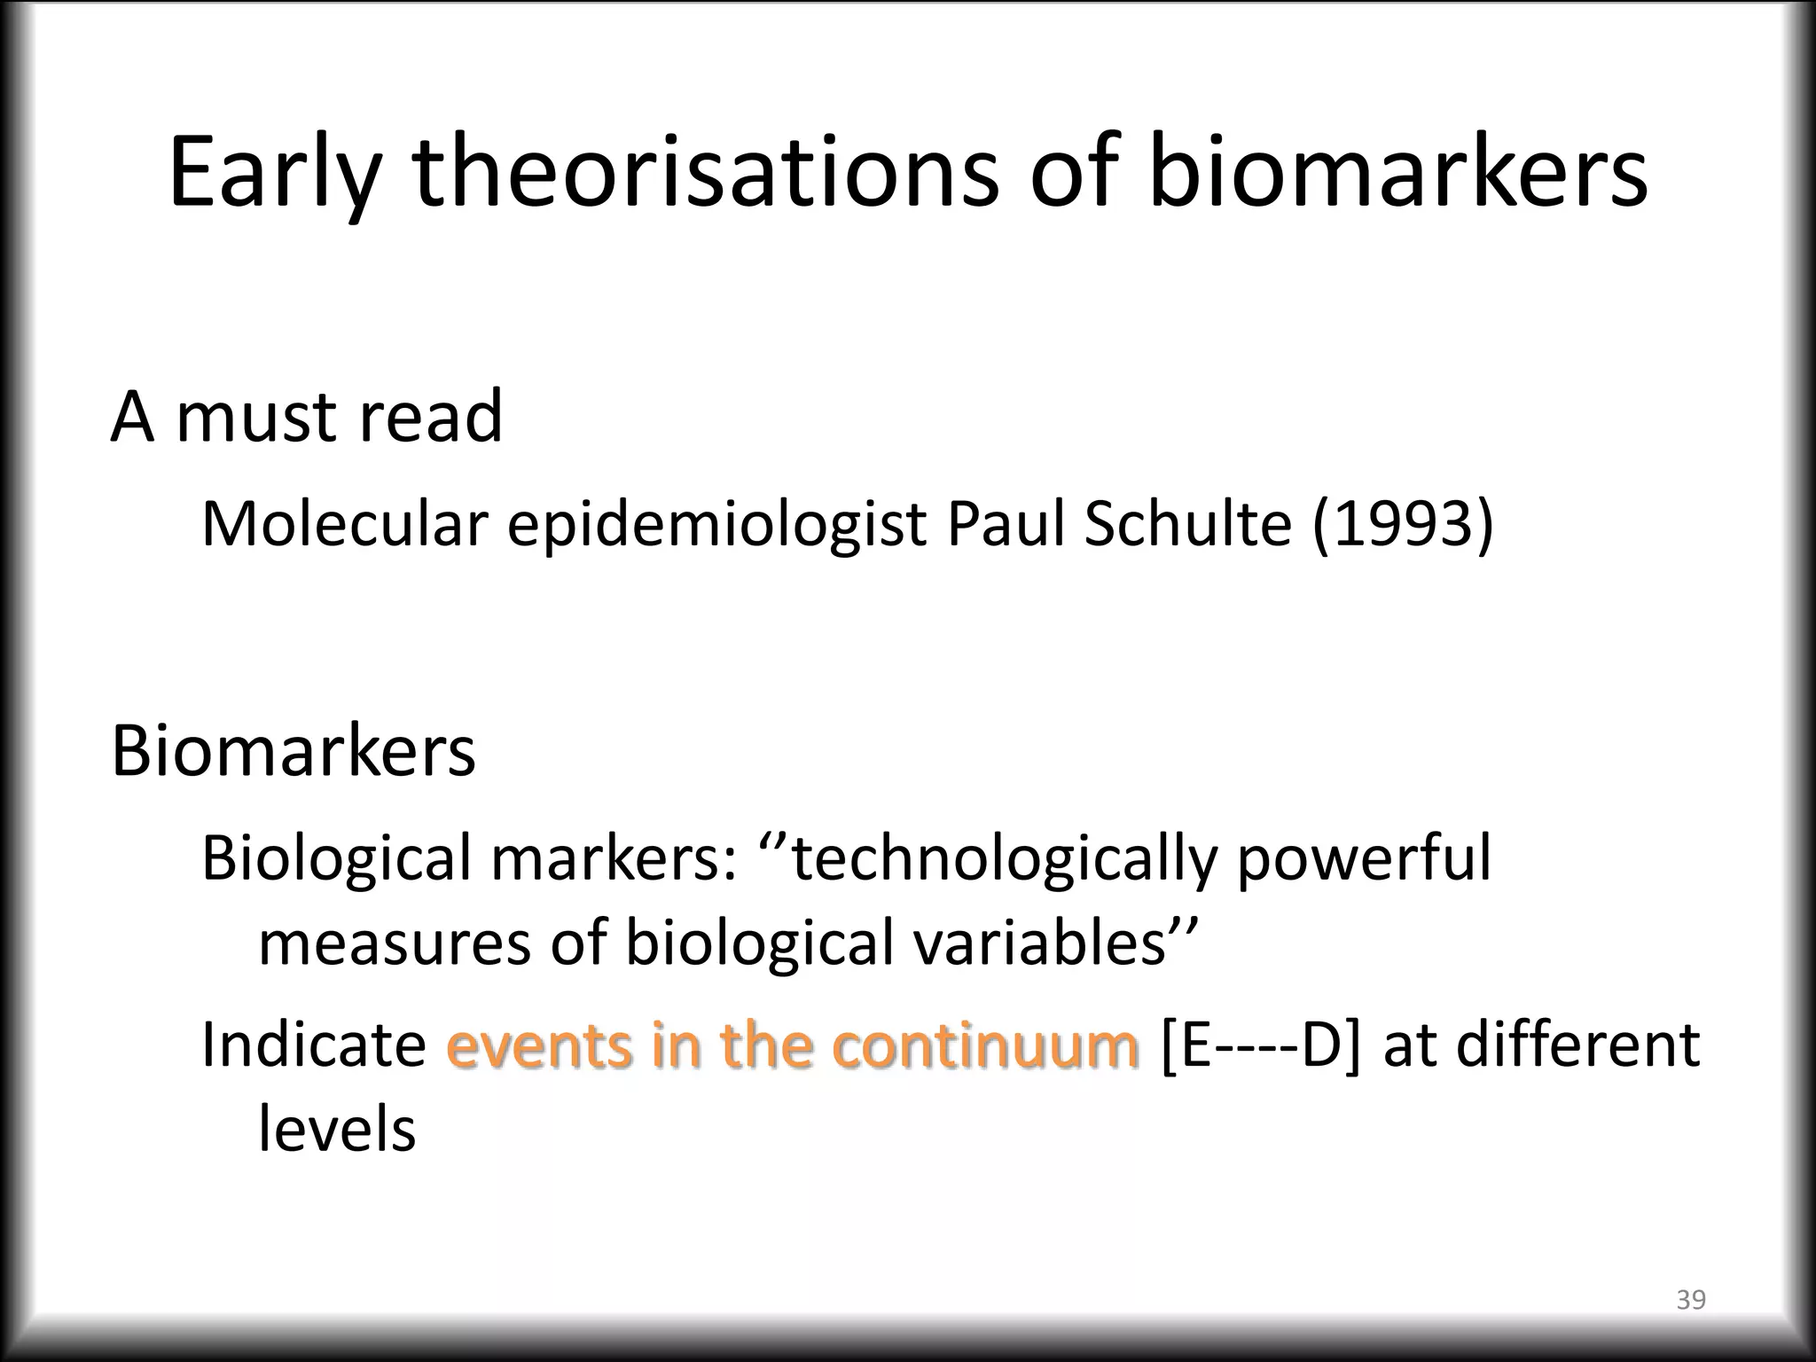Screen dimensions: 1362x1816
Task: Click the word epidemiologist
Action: [x=716, y=526]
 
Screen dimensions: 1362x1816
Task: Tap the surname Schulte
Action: [x=1187, y=524]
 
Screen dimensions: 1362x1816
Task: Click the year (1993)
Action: [x=1402, y=524]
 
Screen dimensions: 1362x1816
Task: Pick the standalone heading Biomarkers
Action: [x=293, y=751]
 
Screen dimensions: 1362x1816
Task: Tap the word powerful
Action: [x=1365, y=860]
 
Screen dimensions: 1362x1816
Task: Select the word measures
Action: [x=394, y=943]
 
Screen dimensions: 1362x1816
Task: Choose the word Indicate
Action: [x=314, y=1045]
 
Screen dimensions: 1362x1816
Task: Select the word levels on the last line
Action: [x=337, y=1130]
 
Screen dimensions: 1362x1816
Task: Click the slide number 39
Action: [x=1691, y=1300]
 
